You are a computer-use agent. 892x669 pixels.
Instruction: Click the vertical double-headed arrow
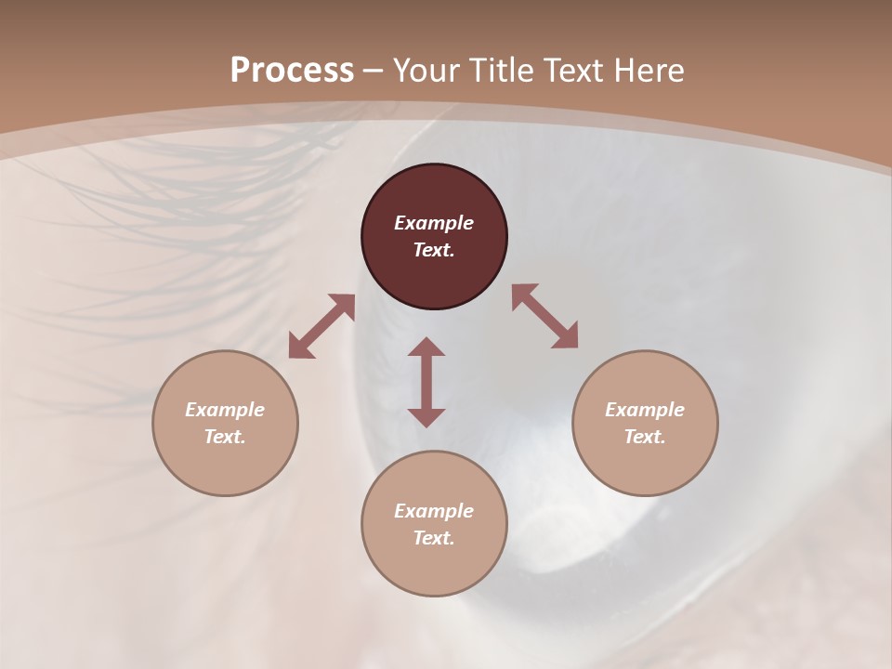[x=426, y=382]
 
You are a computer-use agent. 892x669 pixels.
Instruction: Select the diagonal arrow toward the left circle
[x=321, y=327]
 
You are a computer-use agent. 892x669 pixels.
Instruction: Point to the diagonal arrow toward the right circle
[x=545, y=316]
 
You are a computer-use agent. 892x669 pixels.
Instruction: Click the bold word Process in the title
[x=292, y=71]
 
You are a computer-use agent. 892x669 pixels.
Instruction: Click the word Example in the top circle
[x=434, y=223]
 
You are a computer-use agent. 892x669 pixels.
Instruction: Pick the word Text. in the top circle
[x=434, y=250]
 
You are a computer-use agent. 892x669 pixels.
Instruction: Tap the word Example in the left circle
[x=225, y=410]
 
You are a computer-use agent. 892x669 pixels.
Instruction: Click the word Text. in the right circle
[x=645, y=437]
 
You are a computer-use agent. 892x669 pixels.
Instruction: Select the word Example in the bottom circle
[x=434, y=511]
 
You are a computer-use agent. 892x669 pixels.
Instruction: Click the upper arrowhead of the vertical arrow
[x=426, y=348]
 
